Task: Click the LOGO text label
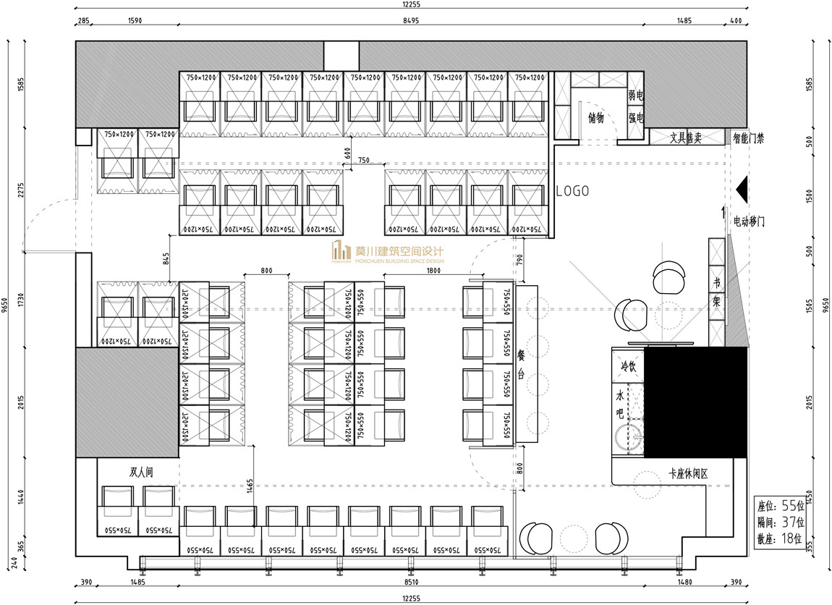click(x=572, y=192)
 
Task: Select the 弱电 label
click(x=635, y=96)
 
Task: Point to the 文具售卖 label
click(x=685, y=137)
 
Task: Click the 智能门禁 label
click(x=748, y=137)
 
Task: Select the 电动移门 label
click(x=750, y=221)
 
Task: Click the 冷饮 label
click(x=627, y=366)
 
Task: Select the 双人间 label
click(x=142, y=473)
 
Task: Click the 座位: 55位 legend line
click(x=780, y=505)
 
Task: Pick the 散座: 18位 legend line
click(x=780, y=538)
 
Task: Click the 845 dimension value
click(x=166, y=258)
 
